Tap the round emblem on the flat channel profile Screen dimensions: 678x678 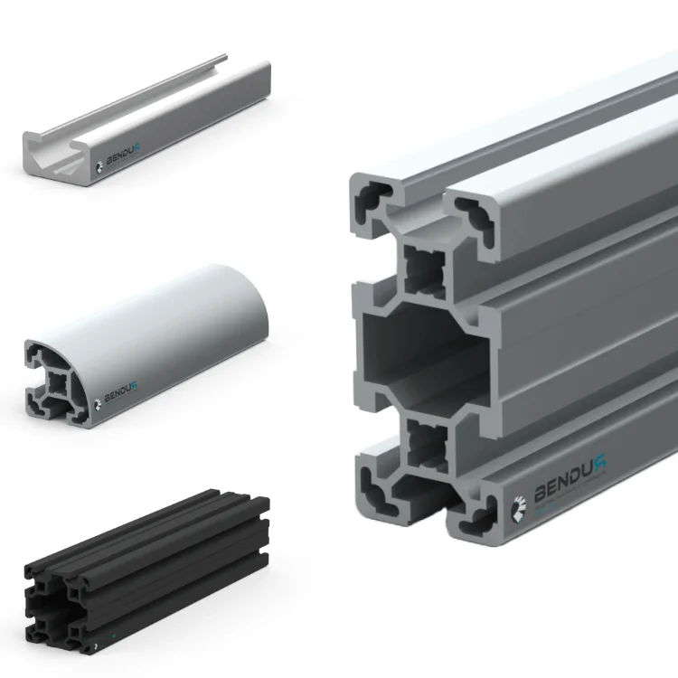click(102, 166)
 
